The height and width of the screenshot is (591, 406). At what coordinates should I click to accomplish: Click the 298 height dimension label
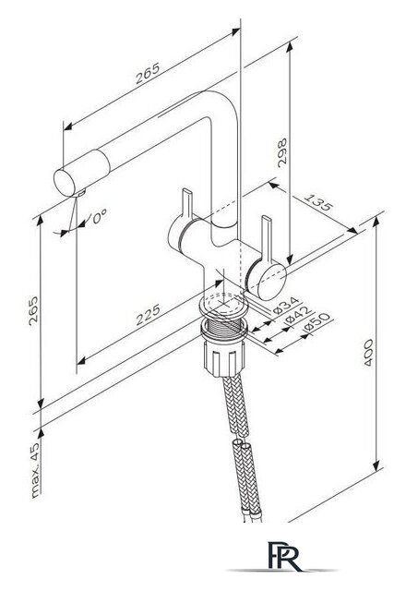281,152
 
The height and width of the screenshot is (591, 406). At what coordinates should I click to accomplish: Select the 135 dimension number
318,202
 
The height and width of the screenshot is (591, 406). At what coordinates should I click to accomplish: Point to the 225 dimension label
148,315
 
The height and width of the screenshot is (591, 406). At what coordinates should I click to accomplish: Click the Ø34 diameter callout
286,306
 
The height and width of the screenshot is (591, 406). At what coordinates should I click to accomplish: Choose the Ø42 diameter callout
299,315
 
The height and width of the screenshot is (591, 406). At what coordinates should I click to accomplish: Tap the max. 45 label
35,470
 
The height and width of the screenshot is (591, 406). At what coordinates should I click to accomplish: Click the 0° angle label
100,216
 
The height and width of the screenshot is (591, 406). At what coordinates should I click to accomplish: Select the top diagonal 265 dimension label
148,73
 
